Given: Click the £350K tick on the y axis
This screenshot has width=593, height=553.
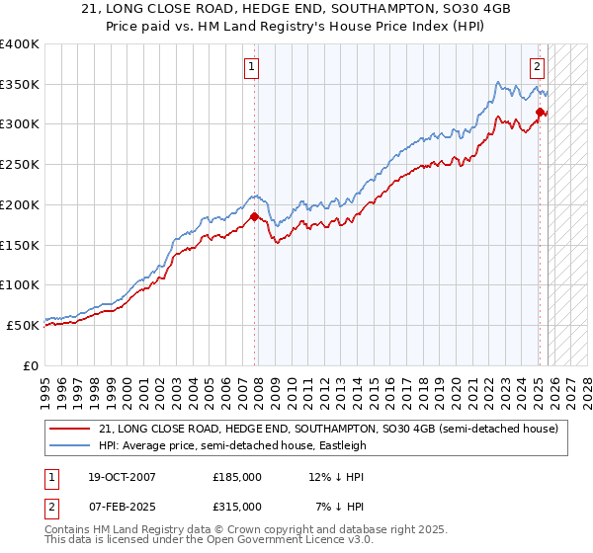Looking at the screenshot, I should (x=20, y=85).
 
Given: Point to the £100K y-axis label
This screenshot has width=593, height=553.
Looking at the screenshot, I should (x=20, y=284).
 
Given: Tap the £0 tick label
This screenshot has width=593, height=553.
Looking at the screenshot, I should (x=30, y=364).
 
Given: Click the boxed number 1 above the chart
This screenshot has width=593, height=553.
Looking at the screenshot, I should (x=252, y=67).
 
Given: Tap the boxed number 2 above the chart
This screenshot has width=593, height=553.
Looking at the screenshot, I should (x=537, y=67).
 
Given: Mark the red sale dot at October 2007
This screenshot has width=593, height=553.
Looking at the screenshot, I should (x=255, y=217).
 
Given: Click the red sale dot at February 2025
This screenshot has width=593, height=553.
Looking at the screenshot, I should (x=540, y=113).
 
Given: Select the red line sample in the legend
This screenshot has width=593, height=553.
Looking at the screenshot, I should (x=69, y=429).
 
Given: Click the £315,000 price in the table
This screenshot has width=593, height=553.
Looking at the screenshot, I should (x=237, y=506).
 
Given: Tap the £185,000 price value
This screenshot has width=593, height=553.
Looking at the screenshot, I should (x=237, y=477).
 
